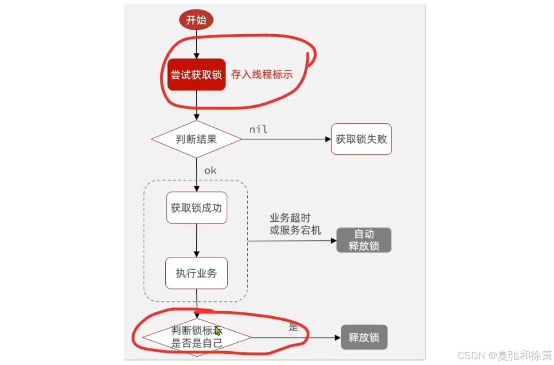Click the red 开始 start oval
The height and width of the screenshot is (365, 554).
pyautogui.click(x=196, y=20)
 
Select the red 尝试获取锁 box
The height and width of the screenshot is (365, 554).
pyautogui.click(x=196, y=75)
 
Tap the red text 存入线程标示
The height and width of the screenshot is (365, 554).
pyautogui.click(x=261, y=74)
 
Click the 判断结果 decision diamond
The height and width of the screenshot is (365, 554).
pyautogui.click(x=196, y=139)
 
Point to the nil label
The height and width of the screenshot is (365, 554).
pyautogui.click(x=258, y=130)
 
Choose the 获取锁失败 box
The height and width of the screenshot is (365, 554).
pyautogui.click(x=361, y=139)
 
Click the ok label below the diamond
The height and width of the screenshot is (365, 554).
pyautogui.click(x=210, y=170)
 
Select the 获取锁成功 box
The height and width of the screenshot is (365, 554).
pyautogui.click(x=196, y=208)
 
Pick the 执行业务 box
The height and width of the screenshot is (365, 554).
pyautogui.click(x=196, y=273)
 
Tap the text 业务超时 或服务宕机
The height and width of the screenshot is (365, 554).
pyautogui.click(x=295, y=224)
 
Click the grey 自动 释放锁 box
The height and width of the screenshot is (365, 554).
pyautogui.click(x=363, y=240)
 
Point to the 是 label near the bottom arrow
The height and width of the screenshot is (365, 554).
pyautogui.click(x=293, y=327)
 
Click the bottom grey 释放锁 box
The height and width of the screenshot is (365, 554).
pyautogui.click(x=363, y=338)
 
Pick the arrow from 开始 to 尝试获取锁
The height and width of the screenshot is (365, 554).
pyautogui.click(x=196, y=44)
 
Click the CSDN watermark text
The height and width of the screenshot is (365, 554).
pyautogui.click(x=504, y=355)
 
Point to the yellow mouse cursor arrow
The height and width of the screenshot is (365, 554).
pyautogui.click(x=218, y=331)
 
